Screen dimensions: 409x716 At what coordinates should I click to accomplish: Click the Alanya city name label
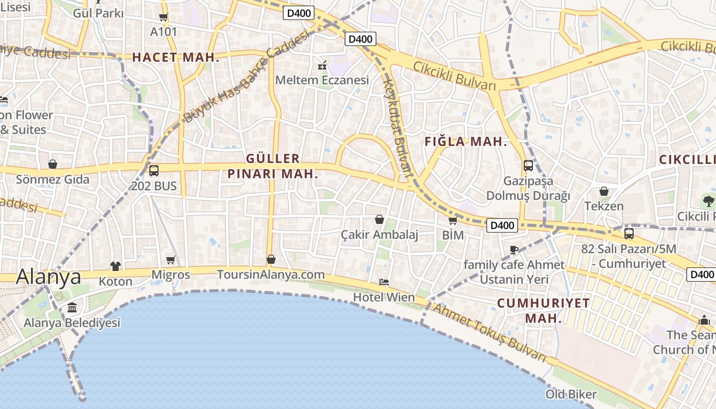49,277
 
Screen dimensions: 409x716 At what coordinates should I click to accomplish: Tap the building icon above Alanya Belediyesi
72,308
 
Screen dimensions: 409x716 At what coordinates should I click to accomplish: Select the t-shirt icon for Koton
116,266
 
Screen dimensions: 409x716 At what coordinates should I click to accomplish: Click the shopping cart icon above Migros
171,260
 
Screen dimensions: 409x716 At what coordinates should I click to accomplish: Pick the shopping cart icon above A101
164,17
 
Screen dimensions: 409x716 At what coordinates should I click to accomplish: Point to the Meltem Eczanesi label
322,80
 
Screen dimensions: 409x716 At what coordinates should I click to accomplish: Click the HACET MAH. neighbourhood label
175,58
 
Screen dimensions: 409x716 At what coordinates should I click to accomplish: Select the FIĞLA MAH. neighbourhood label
466,142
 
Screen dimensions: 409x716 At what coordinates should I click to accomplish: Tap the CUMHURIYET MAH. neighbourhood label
543,310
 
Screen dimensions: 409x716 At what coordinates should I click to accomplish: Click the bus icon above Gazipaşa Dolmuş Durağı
528,166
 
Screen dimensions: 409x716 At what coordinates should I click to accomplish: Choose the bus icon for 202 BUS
154,171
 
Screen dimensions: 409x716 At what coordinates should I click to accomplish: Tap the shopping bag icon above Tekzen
604,191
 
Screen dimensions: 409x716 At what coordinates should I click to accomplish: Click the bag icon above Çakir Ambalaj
379,219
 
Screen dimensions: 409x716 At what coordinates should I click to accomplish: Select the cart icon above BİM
453,221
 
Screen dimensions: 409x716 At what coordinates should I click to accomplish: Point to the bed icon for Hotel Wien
384,282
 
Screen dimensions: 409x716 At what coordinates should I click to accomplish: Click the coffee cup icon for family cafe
514,249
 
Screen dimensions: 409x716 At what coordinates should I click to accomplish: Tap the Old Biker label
571,394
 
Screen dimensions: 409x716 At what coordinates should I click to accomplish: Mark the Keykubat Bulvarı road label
398,128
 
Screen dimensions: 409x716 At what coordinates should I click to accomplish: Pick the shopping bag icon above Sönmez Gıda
52,164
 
